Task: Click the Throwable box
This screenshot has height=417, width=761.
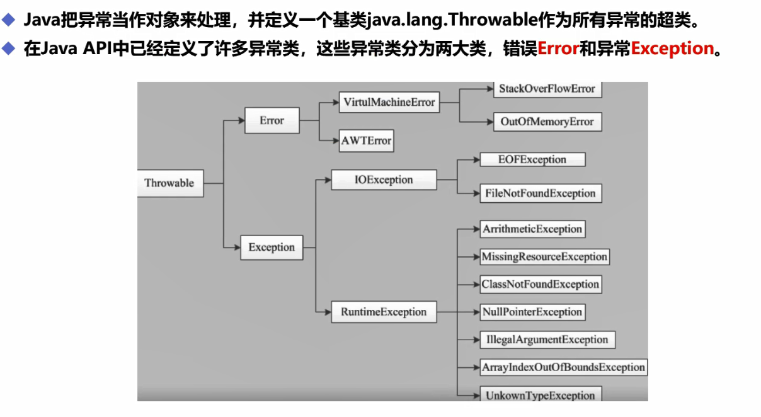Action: pyautogui.click(x=169, y=183)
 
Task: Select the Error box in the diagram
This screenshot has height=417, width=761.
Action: pyautogui.click(x=272, y=120)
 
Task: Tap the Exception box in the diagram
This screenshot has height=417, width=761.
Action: pyautogui.click(x=272, y=247)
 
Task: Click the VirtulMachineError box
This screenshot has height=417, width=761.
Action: pyautogui.click(x=389, y=103)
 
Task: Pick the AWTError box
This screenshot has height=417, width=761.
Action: pyautogui.click(x=366, y=140)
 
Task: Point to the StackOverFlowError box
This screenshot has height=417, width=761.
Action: pyautogui.click(x=547, y=89)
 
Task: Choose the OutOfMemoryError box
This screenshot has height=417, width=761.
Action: pyautogui.click(x=547, y=122)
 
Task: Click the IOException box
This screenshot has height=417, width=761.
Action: pyautogui.click(x=384, y=180)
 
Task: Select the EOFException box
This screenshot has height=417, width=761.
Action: pyautogui.click(x=532, y=159)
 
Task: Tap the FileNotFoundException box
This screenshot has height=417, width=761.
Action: pyautogui.click(x=541, y=193)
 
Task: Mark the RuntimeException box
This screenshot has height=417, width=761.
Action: pyautogui.click(x=384, y=312)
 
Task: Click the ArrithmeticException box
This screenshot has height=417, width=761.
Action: pyautogui.click(x=532, y=229)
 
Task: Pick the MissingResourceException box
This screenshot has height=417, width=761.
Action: pyautogui.click(x=544, y=256)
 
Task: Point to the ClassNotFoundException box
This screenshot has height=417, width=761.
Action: pyautogui.click(x=540, y=284)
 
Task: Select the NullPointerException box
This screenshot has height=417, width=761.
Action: pyautogui.click(x=532, y=312)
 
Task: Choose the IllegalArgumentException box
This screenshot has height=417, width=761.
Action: pyautogui.click(x=547, y=340)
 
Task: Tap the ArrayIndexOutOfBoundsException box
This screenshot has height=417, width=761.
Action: pyautogui.click(x=563, y=367)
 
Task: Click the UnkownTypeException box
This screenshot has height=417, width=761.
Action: pyautogui.click(x=540, y=395)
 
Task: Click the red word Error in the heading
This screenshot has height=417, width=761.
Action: pyautogui.click(x=558, y=49)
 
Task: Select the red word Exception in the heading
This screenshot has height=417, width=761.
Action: pyautogui.click(x=672, y=49)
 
